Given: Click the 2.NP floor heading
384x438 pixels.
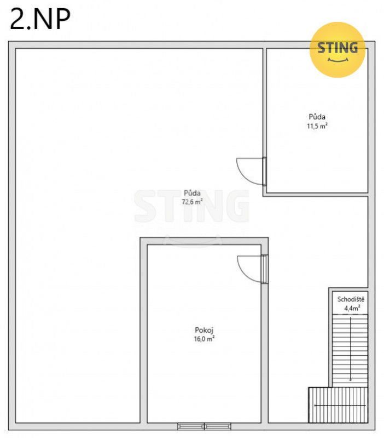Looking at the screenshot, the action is (40, 19).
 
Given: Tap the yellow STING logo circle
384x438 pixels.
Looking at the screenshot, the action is (338, 50).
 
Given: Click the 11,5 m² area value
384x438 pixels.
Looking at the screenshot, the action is (317, 126).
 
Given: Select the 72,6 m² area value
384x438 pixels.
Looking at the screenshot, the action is (192, 202).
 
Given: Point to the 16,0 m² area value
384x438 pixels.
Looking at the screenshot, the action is (204, 339).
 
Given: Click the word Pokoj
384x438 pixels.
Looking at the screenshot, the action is (204, 330).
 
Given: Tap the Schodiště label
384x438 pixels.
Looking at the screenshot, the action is (351, 299).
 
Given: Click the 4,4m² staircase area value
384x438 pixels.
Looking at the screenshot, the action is (352, 309).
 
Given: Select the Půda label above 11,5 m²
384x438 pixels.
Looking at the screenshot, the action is (317, 117).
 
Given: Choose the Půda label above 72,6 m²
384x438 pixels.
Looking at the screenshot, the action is (192, 193).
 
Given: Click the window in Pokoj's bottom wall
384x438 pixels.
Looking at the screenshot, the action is (204, 426).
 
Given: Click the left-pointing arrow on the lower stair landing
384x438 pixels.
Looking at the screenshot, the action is (340, 405).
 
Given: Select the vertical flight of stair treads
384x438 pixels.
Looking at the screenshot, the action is (350, 351).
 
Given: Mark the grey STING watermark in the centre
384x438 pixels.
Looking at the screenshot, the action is (192, 206).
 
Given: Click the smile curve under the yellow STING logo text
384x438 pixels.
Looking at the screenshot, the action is (338, 60).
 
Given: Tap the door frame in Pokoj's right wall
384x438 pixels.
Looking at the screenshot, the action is (264, 269).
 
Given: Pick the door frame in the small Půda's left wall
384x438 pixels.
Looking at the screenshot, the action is (264, 172).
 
